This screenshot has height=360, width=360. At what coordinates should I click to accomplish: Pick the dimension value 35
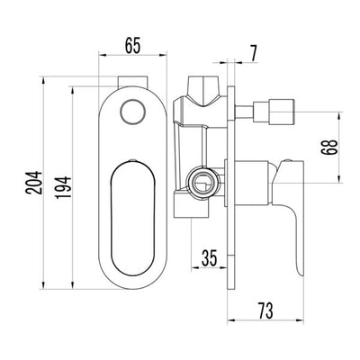210,261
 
